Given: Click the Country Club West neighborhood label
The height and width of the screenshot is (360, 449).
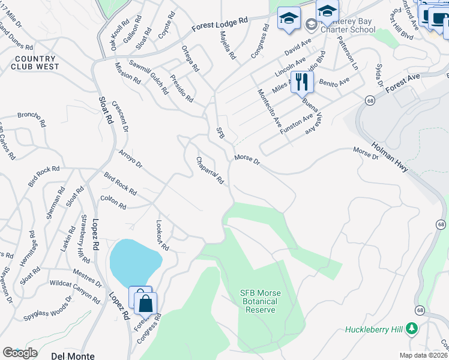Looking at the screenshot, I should coord(35,62).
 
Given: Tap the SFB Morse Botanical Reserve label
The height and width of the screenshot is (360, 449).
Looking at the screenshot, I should coord(260,301).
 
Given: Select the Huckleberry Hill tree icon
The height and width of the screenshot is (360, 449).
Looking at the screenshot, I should coord(411,328).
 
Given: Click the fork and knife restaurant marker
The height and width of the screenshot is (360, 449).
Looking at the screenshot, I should coord(302,82).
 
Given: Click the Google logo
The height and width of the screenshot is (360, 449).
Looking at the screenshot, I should coord(20,353).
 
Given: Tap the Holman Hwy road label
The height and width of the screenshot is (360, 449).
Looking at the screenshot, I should coord(390,157).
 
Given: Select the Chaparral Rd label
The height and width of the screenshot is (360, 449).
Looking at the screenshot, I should coord(210,170).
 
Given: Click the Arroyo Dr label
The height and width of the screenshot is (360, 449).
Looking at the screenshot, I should coord(131,159).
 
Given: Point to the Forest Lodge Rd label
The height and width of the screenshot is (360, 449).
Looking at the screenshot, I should coord(220,24).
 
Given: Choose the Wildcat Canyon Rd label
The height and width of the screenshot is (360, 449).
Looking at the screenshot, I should coord(76,291).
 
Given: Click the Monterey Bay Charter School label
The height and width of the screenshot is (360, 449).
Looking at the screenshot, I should coord(348,25).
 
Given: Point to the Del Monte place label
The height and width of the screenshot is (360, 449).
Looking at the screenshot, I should coord(73,356).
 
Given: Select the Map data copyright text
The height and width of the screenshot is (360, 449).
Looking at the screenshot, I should coord(424,355).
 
